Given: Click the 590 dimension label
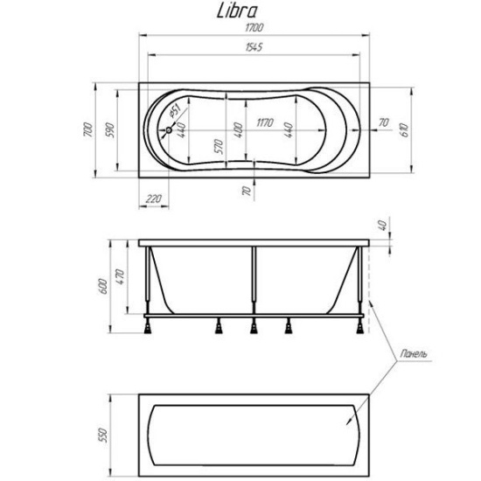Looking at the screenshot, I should point(109,129).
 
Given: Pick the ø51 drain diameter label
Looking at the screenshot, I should point(174,112).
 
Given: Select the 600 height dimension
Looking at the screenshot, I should point(102,282).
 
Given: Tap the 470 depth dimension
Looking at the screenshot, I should point(122,277).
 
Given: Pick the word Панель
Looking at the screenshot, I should point(411,355).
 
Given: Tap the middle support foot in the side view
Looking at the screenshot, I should point(254,327).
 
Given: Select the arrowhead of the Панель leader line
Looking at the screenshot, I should point(349,424).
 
